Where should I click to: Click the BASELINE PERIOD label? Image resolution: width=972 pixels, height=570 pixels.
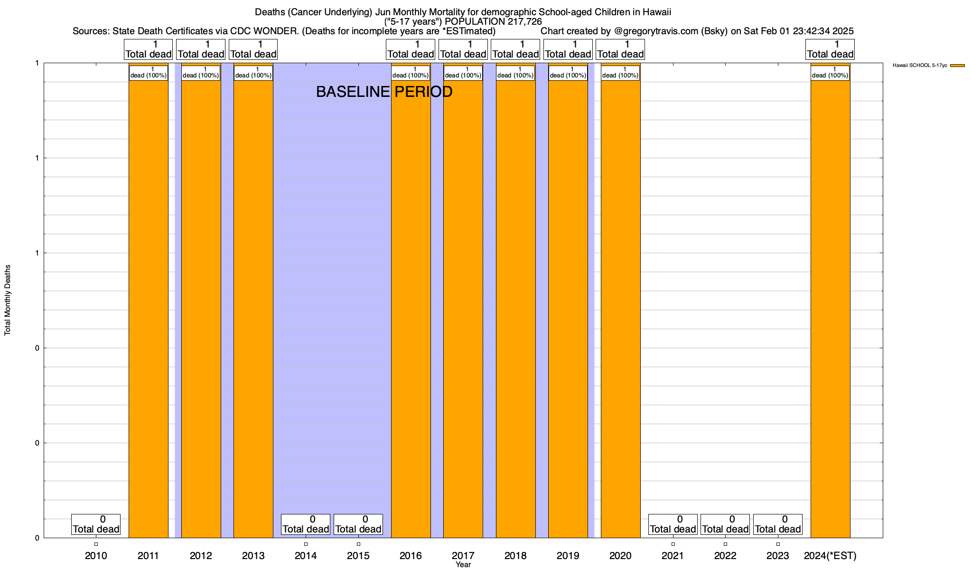click(384, 92)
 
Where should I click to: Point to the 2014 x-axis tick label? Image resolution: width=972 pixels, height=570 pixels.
click(306, 556)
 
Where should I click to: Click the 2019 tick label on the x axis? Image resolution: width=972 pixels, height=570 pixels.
click(568, 556)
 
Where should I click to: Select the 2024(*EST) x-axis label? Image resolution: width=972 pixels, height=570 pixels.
click(830, 556)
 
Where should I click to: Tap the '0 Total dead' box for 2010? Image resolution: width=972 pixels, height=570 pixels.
click(96, 524)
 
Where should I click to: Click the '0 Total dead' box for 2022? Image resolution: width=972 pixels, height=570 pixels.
click(725, 524)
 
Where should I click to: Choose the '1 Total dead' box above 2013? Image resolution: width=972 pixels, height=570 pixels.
click(253, 49)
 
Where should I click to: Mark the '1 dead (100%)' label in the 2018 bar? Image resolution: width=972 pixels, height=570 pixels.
click(515, 73)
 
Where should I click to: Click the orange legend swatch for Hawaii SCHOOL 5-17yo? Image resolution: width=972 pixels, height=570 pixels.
click(957, 66)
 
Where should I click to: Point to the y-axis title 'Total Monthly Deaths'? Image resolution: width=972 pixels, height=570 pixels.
click(8, 300)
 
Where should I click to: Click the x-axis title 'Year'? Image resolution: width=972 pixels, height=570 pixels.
click(463, 565)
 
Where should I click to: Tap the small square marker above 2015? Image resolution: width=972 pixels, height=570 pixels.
click(358, 544)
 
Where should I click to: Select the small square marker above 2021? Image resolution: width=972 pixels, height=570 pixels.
click(673, 544)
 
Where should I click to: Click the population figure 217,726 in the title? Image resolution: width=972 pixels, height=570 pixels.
click(523, 21)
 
